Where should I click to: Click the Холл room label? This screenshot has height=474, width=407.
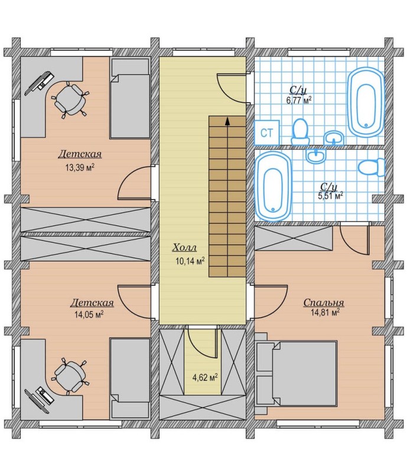point(184,247)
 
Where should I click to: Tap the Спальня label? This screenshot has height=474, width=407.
point(324,303)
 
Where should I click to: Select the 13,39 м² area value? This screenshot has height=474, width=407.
point(80,168)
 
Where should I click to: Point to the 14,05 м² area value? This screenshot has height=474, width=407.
point(89,315)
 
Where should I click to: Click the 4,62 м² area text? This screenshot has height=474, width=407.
point(205,377)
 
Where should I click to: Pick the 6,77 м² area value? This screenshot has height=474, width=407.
point(299,100)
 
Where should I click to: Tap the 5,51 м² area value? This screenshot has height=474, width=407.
point(330,196)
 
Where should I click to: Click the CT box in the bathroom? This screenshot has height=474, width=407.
point(266,133)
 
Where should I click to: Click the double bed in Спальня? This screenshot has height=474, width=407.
point(297,374)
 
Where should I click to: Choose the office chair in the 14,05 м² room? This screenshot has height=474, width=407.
point(70,377)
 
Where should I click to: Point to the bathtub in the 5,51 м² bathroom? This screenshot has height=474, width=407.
point(273,186)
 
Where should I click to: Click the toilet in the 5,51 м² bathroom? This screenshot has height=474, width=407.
point(372,168)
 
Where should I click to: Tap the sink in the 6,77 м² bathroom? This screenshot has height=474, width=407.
point(334,139)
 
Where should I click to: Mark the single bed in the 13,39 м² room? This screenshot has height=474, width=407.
point(130,98)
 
